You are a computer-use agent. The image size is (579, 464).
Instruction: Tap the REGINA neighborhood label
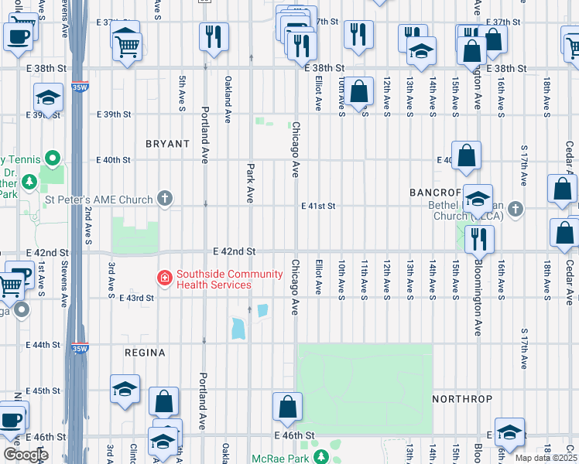145,353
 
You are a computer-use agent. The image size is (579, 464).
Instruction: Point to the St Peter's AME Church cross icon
164,200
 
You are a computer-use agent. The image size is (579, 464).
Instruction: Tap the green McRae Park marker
318,456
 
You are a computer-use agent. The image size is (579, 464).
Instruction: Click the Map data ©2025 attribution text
546,458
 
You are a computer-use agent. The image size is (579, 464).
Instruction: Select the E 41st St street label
318,206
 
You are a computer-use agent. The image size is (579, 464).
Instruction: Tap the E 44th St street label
43,344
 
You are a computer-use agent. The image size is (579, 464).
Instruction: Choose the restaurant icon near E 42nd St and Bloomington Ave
479,241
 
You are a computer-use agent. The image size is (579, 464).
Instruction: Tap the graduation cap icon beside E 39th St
47,98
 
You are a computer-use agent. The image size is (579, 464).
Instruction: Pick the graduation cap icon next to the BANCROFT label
478,200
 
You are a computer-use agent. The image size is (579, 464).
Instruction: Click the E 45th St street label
43,391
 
